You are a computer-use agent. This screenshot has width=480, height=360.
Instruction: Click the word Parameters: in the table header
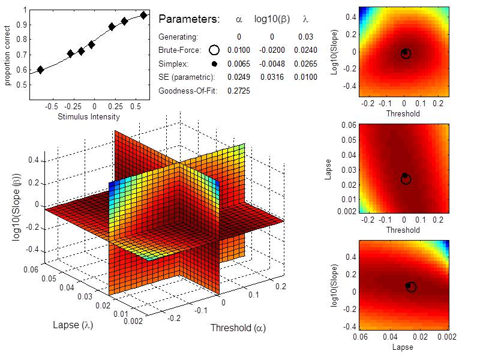189,19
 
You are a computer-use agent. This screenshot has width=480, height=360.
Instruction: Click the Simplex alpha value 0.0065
239,64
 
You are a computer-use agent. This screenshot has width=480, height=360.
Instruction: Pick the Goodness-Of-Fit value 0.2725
239,91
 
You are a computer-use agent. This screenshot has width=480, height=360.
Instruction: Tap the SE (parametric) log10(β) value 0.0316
272,77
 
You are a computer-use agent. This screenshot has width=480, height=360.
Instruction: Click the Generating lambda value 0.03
305,37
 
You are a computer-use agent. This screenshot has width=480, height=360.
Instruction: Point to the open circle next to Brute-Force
214,50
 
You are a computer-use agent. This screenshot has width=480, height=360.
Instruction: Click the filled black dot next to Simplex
214,64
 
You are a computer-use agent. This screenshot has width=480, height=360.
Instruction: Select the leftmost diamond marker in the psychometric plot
40,70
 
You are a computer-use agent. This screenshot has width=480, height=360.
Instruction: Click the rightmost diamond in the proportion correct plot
143,16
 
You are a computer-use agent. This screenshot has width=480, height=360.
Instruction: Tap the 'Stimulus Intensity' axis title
89,116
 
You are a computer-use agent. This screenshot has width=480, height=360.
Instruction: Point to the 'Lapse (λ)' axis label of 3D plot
73,325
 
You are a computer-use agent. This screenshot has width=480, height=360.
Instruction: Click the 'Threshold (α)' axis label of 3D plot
238,328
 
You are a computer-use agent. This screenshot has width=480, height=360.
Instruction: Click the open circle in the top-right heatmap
406,54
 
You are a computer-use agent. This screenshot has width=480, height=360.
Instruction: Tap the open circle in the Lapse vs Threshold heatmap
406,179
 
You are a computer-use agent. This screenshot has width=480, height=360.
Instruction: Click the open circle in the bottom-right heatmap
411,287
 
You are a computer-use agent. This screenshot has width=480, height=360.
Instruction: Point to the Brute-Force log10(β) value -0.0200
272,50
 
